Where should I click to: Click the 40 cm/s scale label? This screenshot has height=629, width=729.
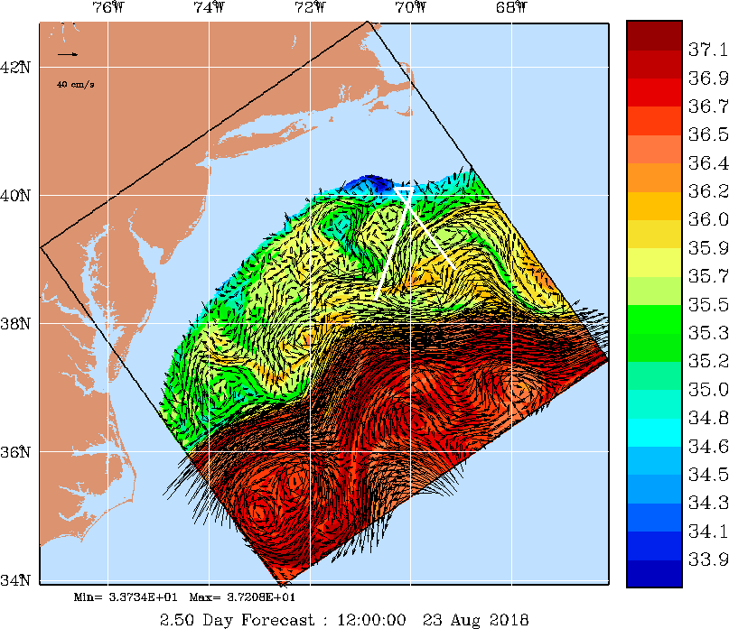[76, 84]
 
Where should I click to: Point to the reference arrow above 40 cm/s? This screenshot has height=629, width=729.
[68, 55]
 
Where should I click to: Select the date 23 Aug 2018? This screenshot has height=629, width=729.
[471, 619]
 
